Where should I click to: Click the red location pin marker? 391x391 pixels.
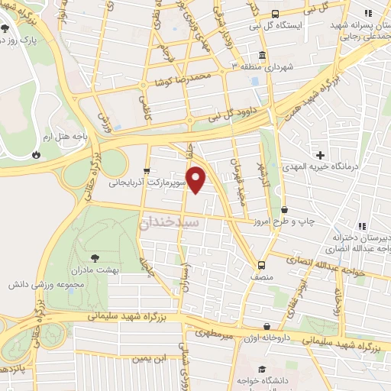(x=197, y=179)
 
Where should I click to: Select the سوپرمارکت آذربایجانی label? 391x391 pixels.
(x=146, y=183)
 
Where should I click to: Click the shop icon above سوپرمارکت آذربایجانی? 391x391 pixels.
(x=146, y=171)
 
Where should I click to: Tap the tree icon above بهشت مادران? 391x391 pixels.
(x=94, y=258)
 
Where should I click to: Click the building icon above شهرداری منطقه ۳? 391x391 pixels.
(x=262, y=56)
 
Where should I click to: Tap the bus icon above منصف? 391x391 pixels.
(x=261, y=266)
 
